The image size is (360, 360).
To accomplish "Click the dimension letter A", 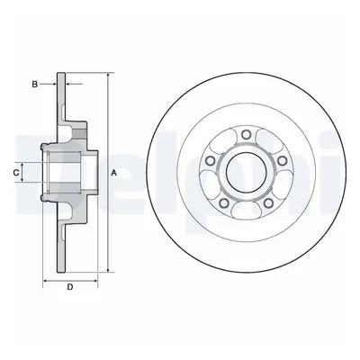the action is [113, 173].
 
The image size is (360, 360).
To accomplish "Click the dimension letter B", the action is [35, 85].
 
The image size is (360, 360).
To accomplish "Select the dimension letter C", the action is [16, 172].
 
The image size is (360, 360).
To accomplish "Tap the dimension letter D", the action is [70, 287].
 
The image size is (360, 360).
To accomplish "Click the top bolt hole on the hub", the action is [247, 135].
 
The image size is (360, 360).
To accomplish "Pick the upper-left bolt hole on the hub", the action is [211, 161].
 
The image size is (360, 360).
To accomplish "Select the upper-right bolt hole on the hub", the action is [282, 161].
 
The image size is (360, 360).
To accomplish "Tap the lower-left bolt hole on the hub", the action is [224, 202].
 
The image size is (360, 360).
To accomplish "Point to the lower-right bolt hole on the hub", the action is [268, 202].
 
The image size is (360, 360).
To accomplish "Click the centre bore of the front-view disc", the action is [247, 172].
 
